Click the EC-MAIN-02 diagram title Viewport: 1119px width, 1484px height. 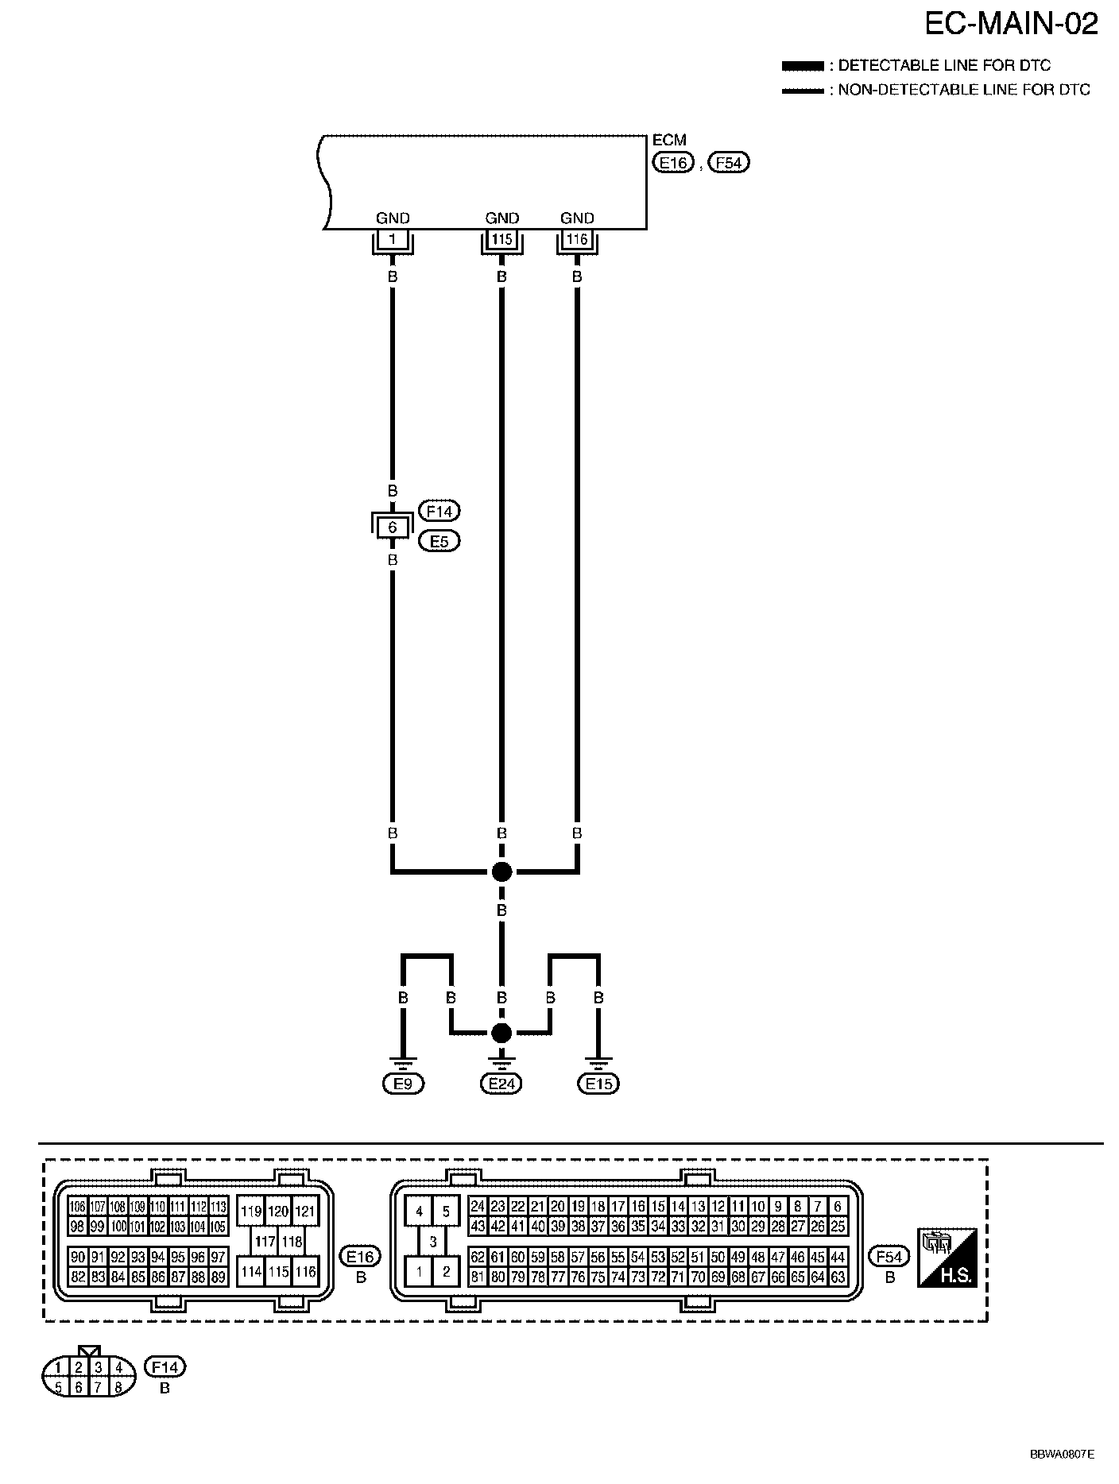1011,25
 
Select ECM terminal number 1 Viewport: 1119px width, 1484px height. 392,238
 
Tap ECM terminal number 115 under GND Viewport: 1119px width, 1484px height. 501,238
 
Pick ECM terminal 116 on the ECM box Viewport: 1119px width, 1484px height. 577,238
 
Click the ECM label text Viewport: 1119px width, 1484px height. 668,141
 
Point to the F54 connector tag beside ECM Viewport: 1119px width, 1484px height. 728,163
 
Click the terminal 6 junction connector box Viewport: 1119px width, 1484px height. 392,526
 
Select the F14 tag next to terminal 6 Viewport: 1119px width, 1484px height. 439,511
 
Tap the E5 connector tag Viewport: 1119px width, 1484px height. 439,542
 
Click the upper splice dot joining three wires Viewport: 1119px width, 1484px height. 501,871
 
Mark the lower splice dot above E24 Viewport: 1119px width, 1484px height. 501,1033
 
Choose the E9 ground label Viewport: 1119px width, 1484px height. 403,1084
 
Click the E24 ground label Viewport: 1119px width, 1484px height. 501,1084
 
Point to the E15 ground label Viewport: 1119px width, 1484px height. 598,1084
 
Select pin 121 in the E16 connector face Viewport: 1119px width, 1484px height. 305,1212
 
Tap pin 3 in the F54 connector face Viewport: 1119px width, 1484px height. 432,1242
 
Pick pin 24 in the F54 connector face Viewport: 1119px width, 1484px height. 477,1206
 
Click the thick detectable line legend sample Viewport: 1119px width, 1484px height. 803,65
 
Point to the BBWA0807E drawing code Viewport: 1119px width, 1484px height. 1062,1454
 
